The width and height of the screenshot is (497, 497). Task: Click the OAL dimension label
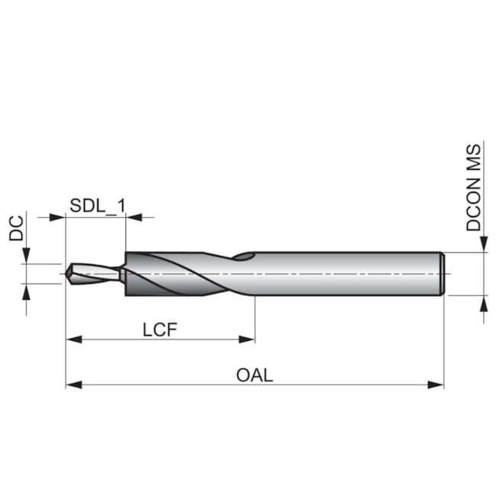[255, 375]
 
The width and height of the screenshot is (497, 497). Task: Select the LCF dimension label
[161, 330]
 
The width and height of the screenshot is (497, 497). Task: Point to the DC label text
[17, 228]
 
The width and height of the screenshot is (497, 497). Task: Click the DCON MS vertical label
[474, 187]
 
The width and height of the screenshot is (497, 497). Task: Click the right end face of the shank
[443, 273]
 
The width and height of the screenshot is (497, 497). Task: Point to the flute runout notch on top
[245, 256]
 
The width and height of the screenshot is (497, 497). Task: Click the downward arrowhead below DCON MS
[483, 244]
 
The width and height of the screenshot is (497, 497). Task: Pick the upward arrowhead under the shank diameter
[483, 302]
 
